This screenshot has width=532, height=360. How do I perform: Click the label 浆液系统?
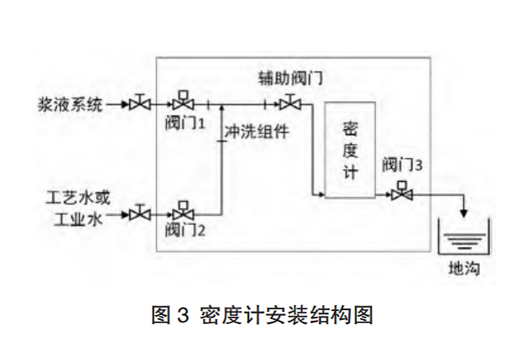(x=70, y=105)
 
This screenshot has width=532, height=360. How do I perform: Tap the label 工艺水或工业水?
(x=79, y=208)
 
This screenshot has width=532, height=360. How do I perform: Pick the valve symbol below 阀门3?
(x=401, y=193)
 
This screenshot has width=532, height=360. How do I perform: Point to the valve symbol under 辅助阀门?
(x=289, y=103)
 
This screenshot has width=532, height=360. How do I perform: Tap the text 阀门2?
(x=184, y=229)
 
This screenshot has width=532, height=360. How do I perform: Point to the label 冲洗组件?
(x=256, y=130)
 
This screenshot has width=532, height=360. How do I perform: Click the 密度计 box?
(x=350, y=151)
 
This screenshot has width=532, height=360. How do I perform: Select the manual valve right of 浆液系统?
(x=142, y=104)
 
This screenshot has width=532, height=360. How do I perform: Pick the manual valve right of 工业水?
(x=142, y=214)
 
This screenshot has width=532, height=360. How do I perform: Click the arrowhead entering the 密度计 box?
(x=320, y=195)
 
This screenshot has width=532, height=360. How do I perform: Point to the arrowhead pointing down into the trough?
(x=464, y=215)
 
